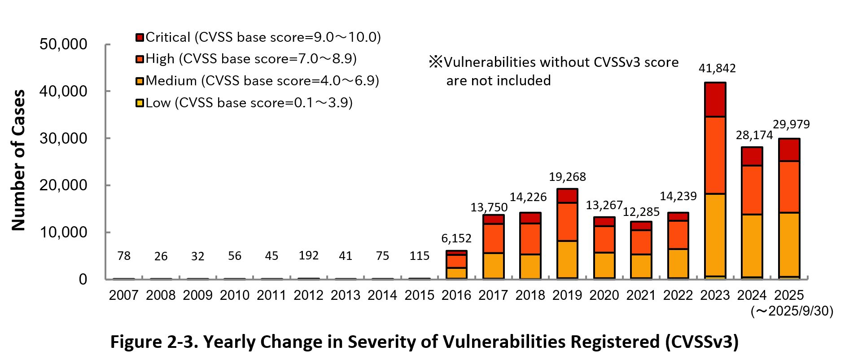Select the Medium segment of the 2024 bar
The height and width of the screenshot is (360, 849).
pyautogui.click(x=752, y=246)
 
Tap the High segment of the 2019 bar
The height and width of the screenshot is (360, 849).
pyautogui.click(x=567, y=222)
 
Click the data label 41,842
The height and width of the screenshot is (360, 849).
pyautogui.click(x=717, y=68)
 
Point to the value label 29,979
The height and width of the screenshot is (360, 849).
pyautogui.click(x=791, y=124)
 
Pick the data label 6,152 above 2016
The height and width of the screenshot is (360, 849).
pyautogui.click(x=456, y=238)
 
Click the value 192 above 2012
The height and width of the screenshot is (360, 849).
pyautogui.click(x=308, y=255)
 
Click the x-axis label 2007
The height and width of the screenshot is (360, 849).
pyautogui.click(x=123, y=295)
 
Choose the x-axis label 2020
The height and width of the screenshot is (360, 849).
pyautogui.click(x=604, y=295)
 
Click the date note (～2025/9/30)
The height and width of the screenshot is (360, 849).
pyautogui.click(x=792, y=311)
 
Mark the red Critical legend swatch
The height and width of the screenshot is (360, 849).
pyautogui.click(x=140, y=37)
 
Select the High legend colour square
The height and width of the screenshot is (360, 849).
pyautogui.click(x=140, y=59)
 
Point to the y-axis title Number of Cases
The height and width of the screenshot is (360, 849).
pyautogui.click(x=18, y=160)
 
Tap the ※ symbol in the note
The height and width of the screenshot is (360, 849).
pyautogui.click(x=435, y=62)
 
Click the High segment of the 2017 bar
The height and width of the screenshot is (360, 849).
pyautogui.click(x=493, y=238)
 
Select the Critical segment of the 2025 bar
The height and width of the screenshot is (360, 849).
pyautogui.click(x=789, y=150)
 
